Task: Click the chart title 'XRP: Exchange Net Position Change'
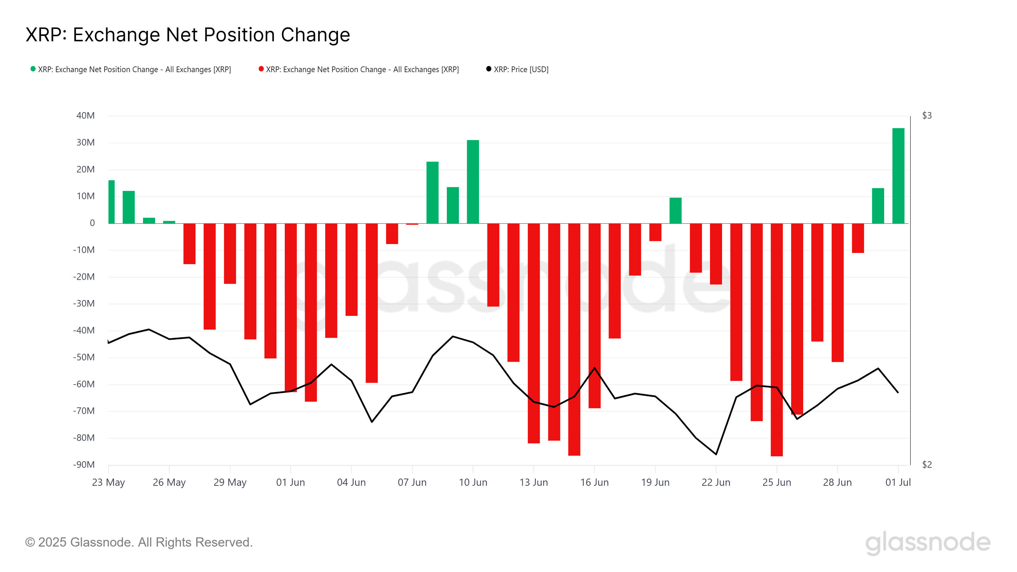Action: (188, 35)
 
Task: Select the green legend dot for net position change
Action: (33, 69)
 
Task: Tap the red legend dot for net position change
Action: (261, 69)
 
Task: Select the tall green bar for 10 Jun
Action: (473, 181)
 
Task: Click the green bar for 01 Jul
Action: (898, 176)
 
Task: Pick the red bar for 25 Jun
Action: (776, 339)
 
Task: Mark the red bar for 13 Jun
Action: (534, 334)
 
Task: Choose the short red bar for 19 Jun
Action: (655, 232)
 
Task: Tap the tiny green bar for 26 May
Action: (169, 222)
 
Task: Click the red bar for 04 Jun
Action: (352, 269)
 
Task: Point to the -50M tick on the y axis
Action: (84, 357)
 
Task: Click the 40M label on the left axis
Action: (85, 116)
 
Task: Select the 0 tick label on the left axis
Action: (92, 223)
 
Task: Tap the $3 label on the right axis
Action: (927, 116)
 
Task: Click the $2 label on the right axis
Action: (927, 465)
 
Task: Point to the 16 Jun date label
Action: (594, 482)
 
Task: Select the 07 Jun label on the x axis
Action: (412, 482)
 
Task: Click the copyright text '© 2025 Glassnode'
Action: (139, 542)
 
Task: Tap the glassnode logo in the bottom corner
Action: (928, 542)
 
